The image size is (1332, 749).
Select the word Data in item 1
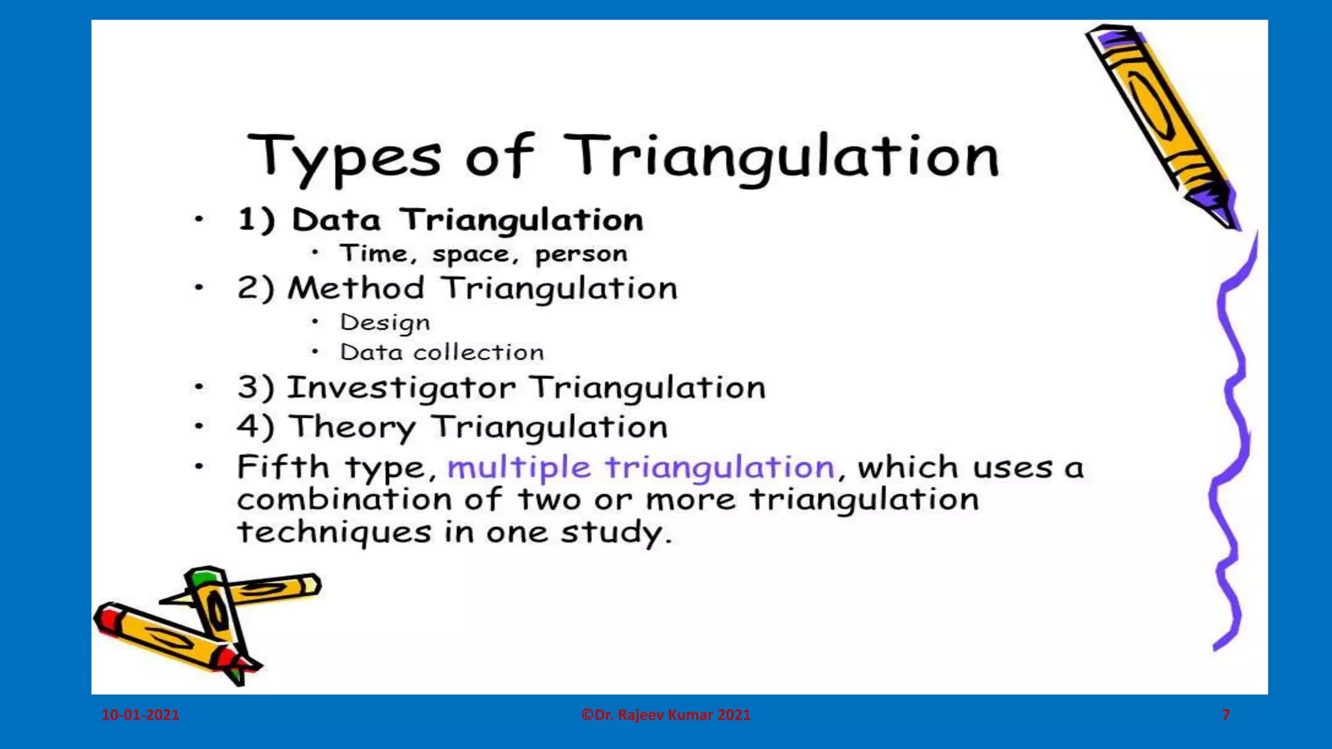[336, 220]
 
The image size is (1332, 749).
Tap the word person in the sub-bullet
[581, 254]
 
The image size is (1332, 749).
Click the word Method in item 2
[356, 288]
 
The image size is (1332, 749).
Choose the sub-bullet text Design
[384, 322]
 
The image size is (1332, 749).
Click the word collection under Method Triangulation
[478, 352]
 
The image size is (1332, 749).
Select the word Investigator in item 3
[401, 388]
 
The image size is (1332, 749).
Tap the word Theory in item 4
[352, 428]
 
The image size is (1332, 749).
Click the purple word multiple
[518, 467]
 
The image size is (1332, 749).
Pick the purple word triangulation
[719, 467]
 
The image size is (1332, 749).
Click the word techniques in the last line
[334, 532]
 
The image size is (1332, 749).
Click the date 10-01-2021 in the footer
[140, 715]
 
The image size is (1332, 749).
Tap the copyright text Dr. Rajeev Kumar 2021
[665, 715]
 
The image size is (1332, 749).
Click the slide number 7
[1225, 715]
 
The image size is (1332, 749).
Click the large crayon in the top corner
[1160, 124]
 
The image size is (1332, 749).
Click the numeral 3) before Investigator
[256, 388]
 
